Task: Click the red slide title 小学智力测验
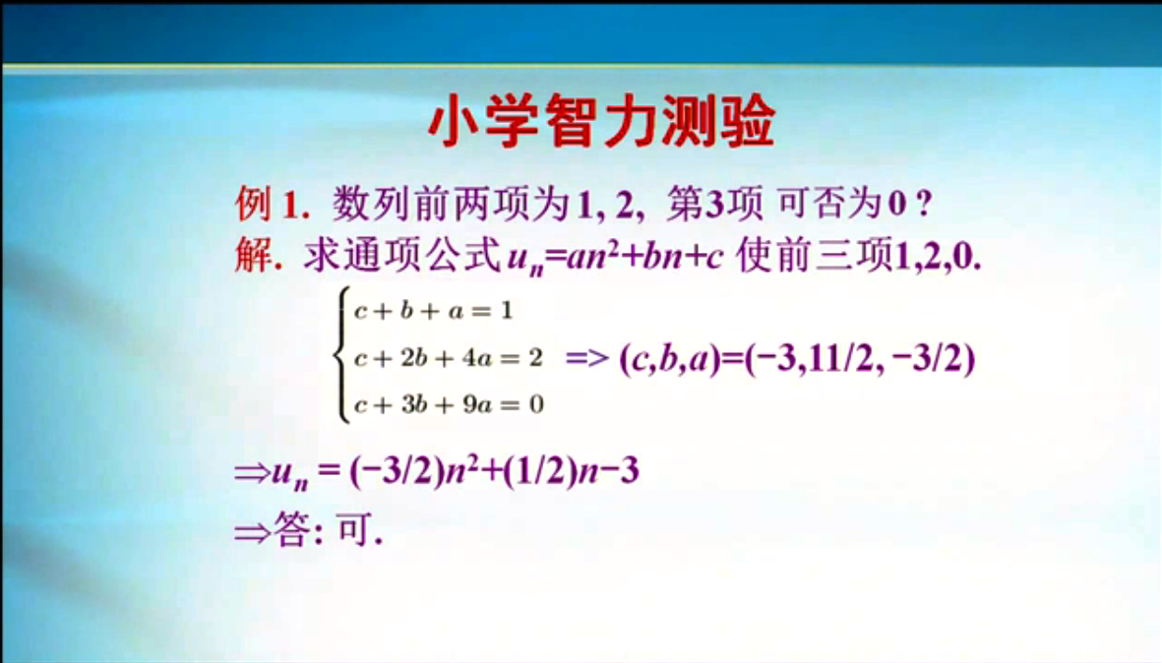pyautogui.click(x=602, y=121)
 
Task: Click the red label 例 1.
pyautogui.click(x=272, y=203)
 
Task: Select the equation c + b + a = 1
pyautogui.click(x=434, y=311)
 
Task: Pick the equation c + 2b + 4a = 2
pyautogui.click(x=449, y=358)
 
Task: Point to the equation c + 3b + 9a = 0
pyautogui.click(x=449, y=404)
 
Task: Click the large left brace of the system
pyautogui.click(x=341, y=355)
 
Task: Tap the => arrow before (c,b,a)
pyautogui.click(x=587, y=358)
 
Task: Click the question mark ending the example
pyautogui.click(x=923, y=204)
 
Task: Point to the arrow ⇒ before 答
pyautogui.click(x=253, y=532)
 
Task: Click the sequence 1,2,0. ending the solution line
pyautogui.click(x=939, y=257)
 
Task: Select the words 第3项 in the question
pyautogui.click(x=714, y=203)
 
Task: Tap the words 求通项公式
pyautogui.click(x=403, y=257)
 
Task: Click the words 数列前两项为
pyautogui.click(x=452, y=203)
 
